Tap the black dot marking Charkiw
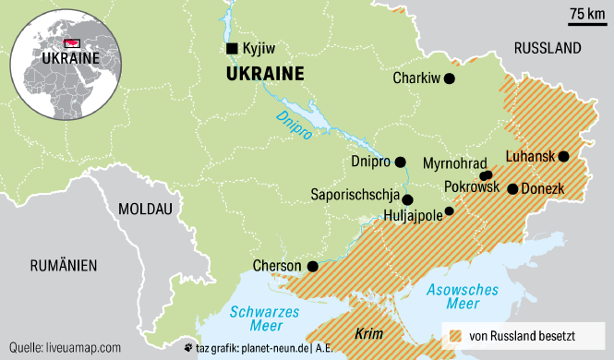coord(450,79)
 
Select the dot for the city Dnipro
coord(400,162)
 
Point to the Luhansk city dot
coord(563,156)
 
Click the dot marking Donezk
coord(512,189)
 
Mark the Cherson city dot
coord(312,267)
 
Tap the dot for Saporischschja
coord(407,199)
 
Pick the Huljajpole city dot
coord(450,211)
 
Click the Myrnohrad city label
coord(454,163)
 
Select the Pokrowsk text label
coord(471,186)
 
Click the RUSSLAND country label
coord(547,47)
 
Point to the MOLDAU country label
coord(146,210)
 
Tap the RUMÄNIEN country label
coord(63,266)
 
